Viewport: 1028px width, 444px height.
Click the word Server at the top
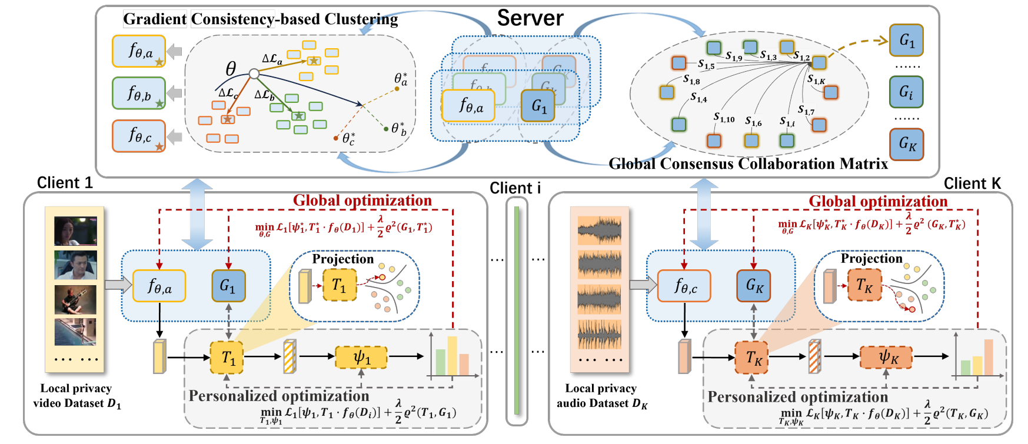click(530, 18)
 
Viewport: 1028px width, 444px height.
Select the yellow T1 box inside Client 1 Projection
click(340, 285)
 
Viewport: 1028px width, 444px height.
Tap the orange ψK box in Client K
click(886, 356)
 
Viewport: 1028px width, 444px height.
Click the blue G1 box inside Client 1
click(228, 286)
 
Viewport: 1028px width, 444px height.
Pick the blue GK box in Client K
click(754, 286)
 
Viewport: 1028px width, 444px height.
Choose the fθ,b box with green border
click(139, 93)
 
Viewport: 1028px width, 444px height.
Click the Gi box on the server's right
click(906, 92)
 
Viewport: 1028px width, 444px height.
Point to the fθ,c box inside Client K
click(684, 286)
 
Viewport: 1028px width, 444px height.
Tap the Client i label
click(515, 188)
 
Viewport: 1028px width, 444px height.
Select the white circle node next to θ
click(254, 74)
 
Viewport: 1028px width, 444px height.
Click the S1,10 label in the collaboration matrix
click(724, 118)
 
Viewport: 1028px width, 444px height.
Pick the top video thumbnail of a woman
click(75, 231)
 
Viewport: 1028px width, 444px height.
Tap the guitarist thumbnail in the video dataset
click(75, 299)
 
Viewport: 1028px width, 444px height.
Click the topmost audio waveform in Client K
click(599, 231)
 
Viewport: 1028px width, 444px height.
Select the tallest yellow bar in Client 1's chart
click(452, 355)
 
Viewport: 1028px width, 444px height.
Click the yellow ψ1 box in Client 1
click(361, 357)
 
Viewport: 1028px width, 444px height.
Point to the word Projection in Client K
click(871, 258)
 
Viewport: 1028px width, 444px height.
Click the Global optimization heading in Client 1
click(362, 201)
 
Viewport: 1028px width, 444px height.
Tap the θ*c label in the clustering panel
click(349, 139)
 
